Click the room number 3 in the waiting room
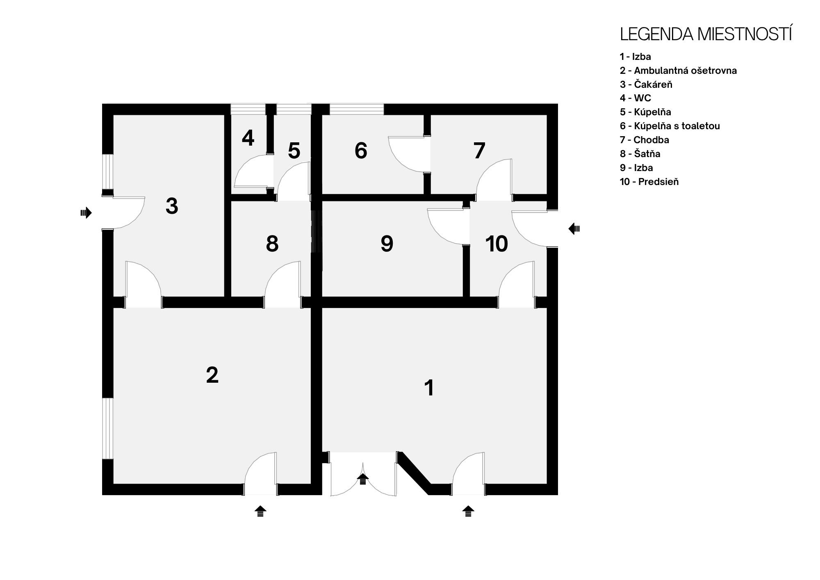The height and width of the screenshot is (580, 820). [x=172, y=206]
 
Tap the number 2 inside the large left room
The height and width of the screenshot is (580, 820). [x=212, y=375]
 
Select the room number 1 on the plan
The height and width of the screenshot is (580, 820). [x=429, y=388]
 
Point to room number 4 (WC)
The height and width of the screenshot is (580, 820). [x=248, y=138]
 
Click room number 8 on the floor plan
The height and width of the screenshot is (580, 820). [x=272, y=244]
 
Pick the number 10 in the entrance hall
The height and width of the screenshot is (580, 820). [x=497, y=244]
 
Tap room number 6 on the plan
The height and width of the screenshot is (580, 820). [x=361, y=151]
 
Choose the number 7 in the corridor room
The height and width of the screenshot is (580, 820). [x=479, y=151]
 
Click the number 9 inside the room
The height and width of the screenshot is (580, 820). [x=387, y=244]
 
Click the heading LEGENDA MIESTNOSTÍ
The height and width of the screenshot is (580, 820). [x=706, y=34]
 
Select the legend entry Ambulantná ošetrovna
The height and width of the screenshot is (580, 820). [x=678, y=71]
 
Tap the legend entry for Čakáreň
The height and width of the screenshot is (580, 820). [x=646, y=84]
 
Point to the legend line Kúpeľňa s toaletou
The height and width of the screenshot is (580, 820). [x=670, y=126]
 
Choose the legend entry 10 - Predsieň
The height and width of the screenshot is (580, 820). [x=649, y=182]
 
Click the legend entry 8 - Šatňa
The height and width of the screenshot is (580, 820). [x=640, y=154]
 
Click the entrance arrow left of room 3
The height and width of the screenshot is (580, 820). [x=86, y=213]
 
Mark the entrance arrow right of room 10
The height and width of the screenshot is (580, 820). [x=574, y=229]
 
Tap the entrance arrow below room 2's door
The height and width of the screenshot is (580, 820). [x=260, y=511]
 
